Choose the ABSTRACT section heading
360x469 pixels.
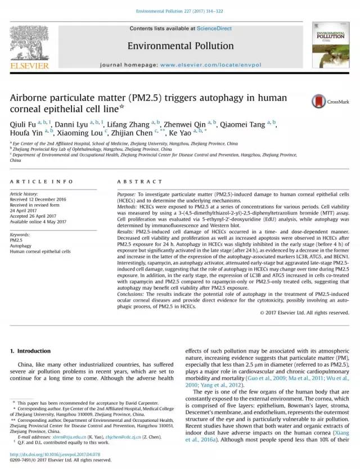pyautogui.click(x=132, y=182)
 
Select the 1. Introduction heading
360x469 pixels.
pyautogui.click(x=30, y=351)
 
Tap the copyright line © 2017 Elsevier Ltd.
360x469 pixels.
pyautogui.click(x=304, y=313)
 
